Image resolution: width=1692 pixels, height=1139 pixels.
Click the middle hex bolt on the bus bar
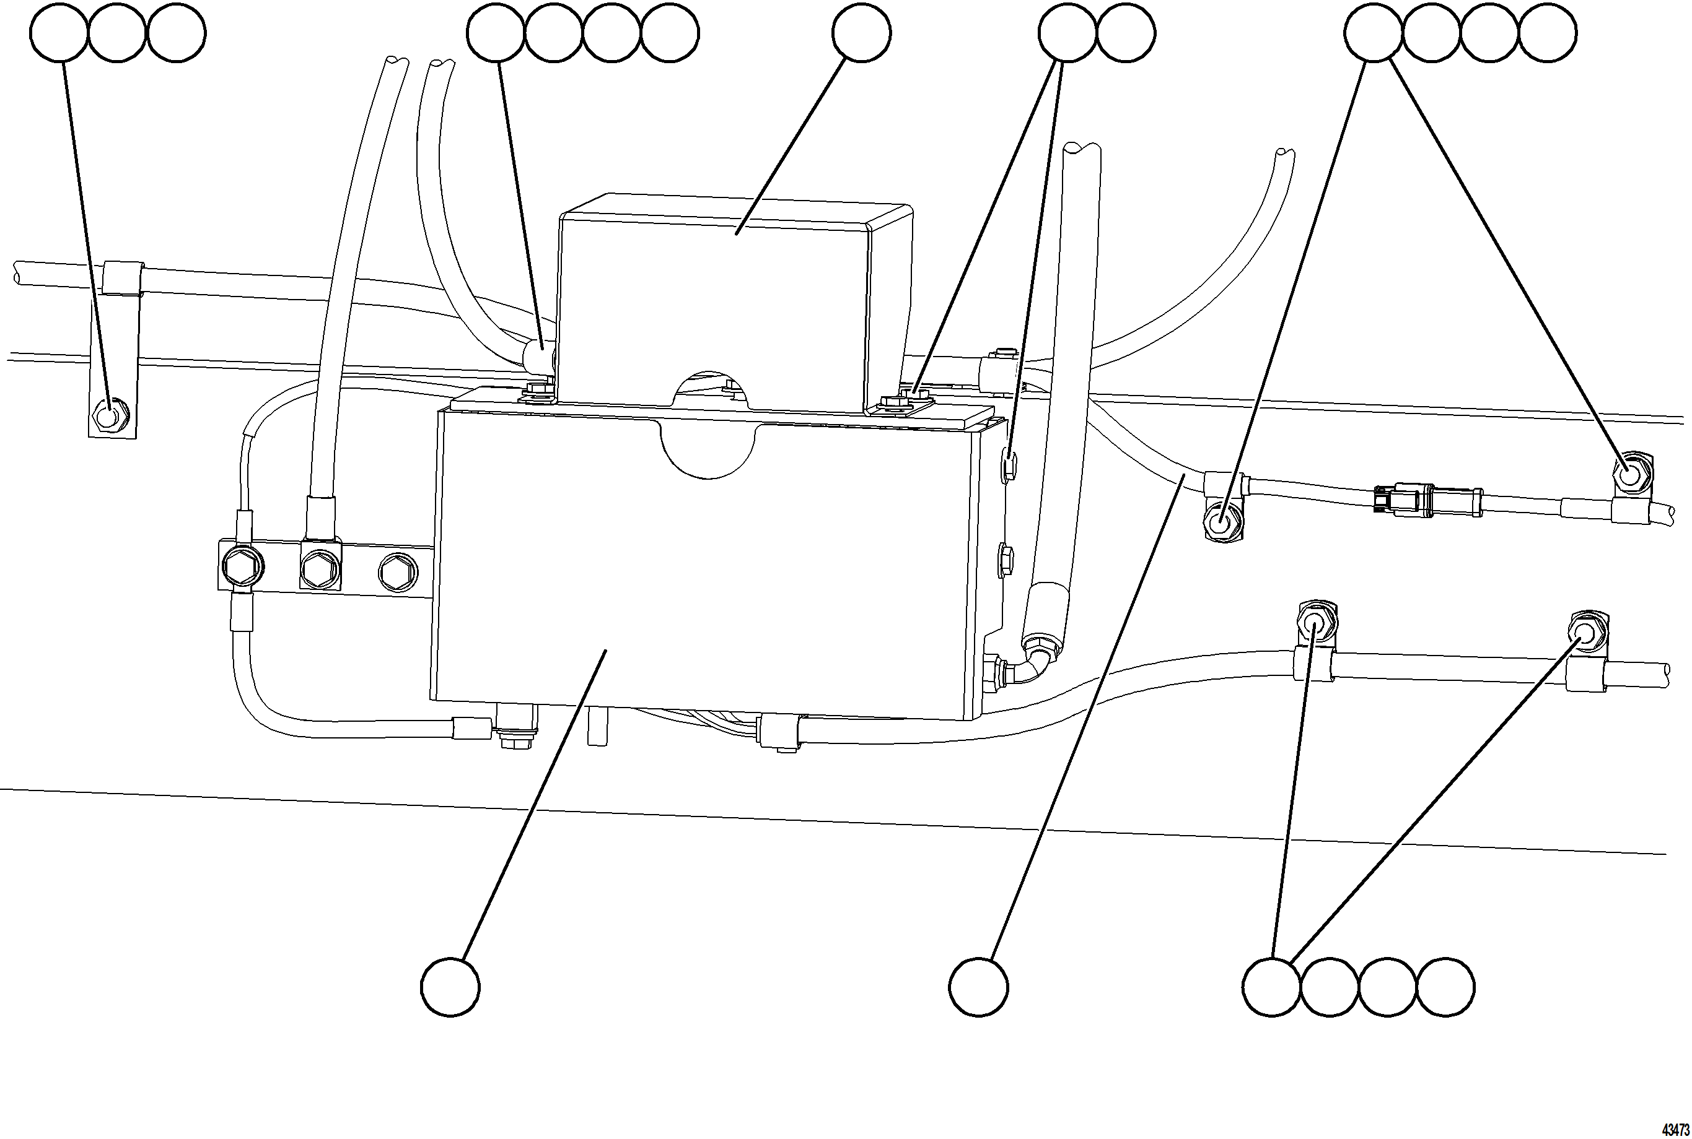[320, 567]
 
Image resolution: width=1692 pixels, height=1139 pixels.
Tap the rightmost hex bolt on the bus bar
[398, 573]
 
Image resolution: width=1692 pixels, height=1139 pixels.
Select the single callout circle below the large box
[450, 987]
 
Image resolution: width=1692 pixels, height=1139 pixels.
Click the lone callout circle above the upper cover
[861, 33]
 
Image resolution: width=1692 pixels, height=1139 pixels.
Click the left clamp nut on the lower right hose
[1314, 621]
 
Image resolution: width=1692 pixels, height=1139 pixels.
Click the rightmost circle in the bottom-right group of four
[1445, 987]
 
